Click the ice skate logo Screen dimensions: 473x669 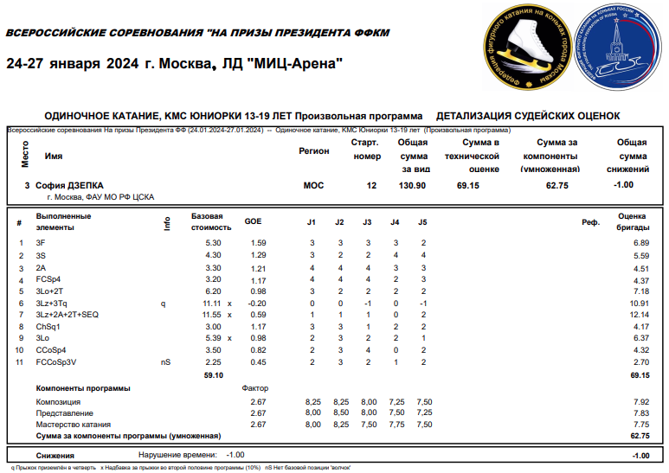tap(526, 48)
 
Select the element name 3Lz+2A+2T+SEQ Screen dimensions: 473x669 tap(68, 316)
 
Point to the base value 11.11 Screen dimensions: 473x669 tap(212, 304)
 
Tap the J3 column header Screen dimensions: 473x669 tap(367, 222)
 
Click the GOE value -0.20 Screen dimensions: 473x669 tap(256, 304)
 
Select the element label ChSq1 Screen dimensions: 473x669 tap(48, 327)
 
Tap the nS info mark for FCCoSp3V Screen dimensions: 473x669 tap(166, 362)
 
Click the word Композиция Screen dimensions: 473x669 tap(59, 402)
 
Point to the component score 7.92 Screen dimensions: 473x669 tap(640, 402)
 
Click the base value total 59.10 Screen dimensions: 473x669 tap(213, 375)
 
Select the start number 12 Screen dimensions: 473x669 tap(372, 185)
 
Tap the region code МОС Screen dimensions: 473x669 tap(314, 185)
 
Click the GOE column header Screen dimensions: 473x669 tap(253, 222)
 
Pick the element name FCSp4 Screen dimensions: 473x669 tap(48, 280)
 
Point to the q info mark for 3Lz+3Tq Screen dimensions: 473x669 tap(163, 304)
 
